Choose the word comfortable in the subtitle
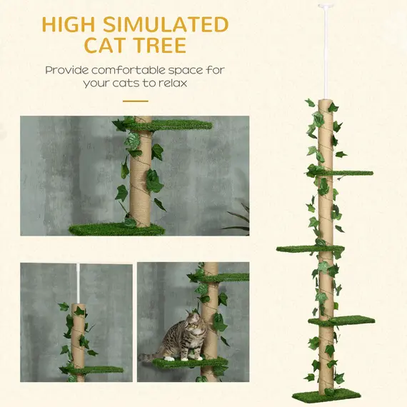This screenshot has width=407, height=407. coord(136,70)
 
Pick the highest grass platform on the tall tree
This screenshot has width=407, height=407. coord(344,173)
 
